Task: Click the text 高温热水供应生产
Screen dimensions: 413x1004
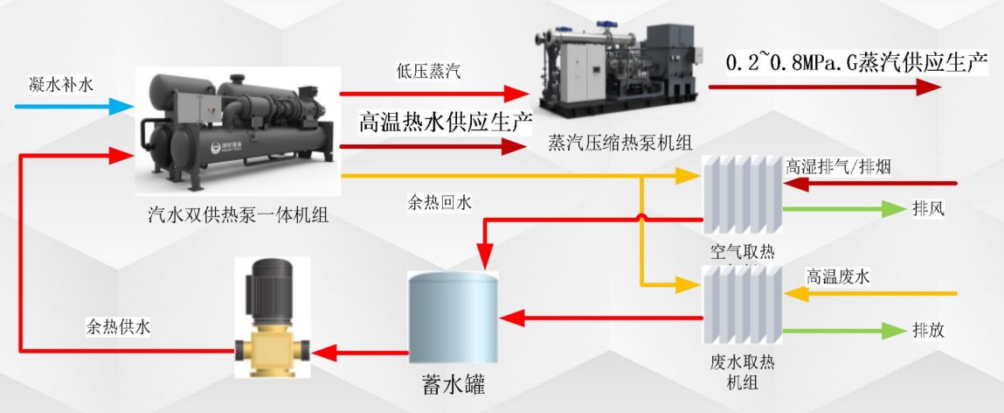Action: pyautogui.click(x=446, y=122)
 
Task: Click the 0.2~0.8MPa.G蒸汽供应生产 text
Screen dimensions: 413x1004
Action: pyautogui.click(x=856, y=63)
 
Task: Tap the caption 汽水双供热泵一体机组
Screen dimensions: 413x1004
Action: pyautogui.click(x=239, y=213)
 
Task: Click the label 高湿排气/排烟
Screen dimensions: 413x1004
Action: pyautogui.click(x=838, y=166)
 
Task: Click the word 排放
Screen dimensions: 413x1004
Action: pyautogui.click(x=928, y=331)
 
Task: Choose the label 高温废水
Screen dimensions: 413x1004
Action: pyautogui.click(x=839, y=275)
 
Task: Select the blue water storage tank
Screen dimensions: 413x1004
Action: pyautogui.click(x=454, y=316)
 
